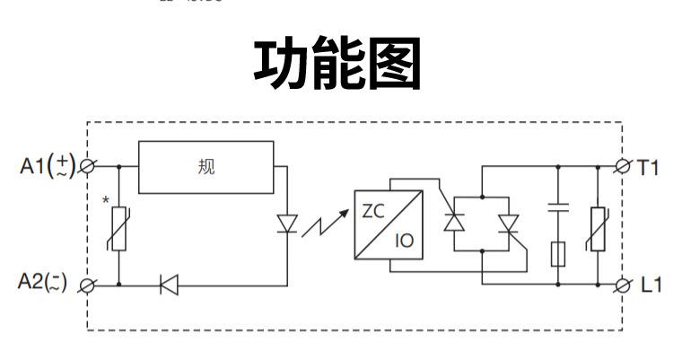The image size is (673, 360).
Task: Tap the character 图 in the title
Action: (x=391, y=64)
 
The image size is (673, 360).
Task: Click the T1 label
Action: (x=649, y=167)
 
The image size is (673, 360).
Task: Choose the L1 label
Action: (x=650, y=285)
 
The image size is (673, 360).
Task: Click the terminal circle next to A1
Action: (x=89, y=167)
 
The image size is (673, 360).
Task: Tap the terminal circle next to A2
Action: (x=89, y=285)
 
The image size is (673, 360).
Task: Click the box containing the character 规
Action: (x=207, y=167)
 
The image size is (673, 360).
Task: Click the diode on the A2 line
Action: (x=168, y=285)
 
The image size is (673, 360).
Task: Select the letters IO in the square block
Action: (x=404, y=241)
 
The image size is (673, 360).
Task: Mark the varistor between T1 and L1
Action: (x=596, y=230)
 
